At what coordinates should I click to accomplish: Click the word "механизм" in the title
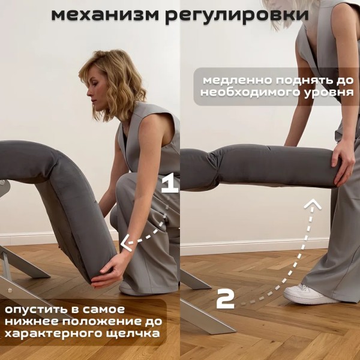[105, 14]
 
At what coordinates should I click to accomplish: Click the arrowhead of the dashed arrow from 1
[126, 242]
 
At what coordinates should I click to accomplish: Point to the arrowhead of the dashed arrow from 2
[312, 204]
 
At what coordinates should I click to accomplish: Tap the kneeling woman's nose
[89, 93]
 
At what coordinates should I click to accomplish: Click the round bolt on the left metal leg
[10, 290]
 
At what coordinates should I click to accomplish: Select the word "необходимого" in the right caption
[251, 93]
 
